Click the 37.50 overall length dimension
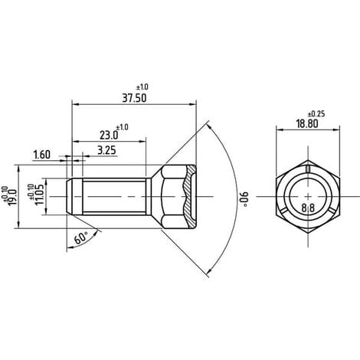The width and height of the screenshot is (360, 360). [x=134, y=98]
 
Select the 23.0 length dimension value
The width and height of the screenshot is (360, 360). [x=109, y=136]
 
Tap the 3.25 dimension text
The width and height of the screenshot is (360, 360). [x=106, y=150]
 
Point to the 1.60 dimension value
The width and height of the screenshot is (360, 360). [x=42, y=155]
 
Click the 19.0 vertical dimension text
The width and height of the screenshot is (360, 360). [x=13, y=197]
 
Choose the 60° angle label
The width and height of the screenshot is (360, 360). [x=81, y=238]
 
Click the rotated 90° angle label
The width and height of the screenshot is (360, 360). [x=244, y=198]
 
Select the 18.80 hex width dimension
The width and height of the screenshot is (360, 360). [x=307, y=124]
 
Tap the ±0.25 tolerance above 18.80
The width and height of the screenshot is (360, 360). [x=316, y=114]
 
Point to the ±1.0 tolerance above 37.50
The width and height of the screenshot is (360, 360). [x=142, y=87]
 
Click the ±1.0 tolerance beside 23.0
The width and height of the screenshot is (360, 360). [x=123, y=127]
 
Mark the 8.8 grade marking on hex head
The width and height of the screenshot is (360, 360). [x=308, y=208]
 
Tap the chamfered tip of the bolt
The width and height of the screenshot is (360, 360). [x=70, y=196]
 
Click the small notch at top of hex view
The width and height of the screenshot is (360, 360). [x=308, y=169]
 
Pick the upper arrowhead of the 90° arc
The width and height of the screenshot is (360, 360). [x=209, y=126]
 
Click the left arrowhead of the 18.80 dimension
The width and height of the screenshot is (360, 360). [x=280, y=129]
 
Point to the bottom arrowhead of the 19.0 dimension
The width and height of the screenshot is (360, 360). [x=18, y=224]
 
